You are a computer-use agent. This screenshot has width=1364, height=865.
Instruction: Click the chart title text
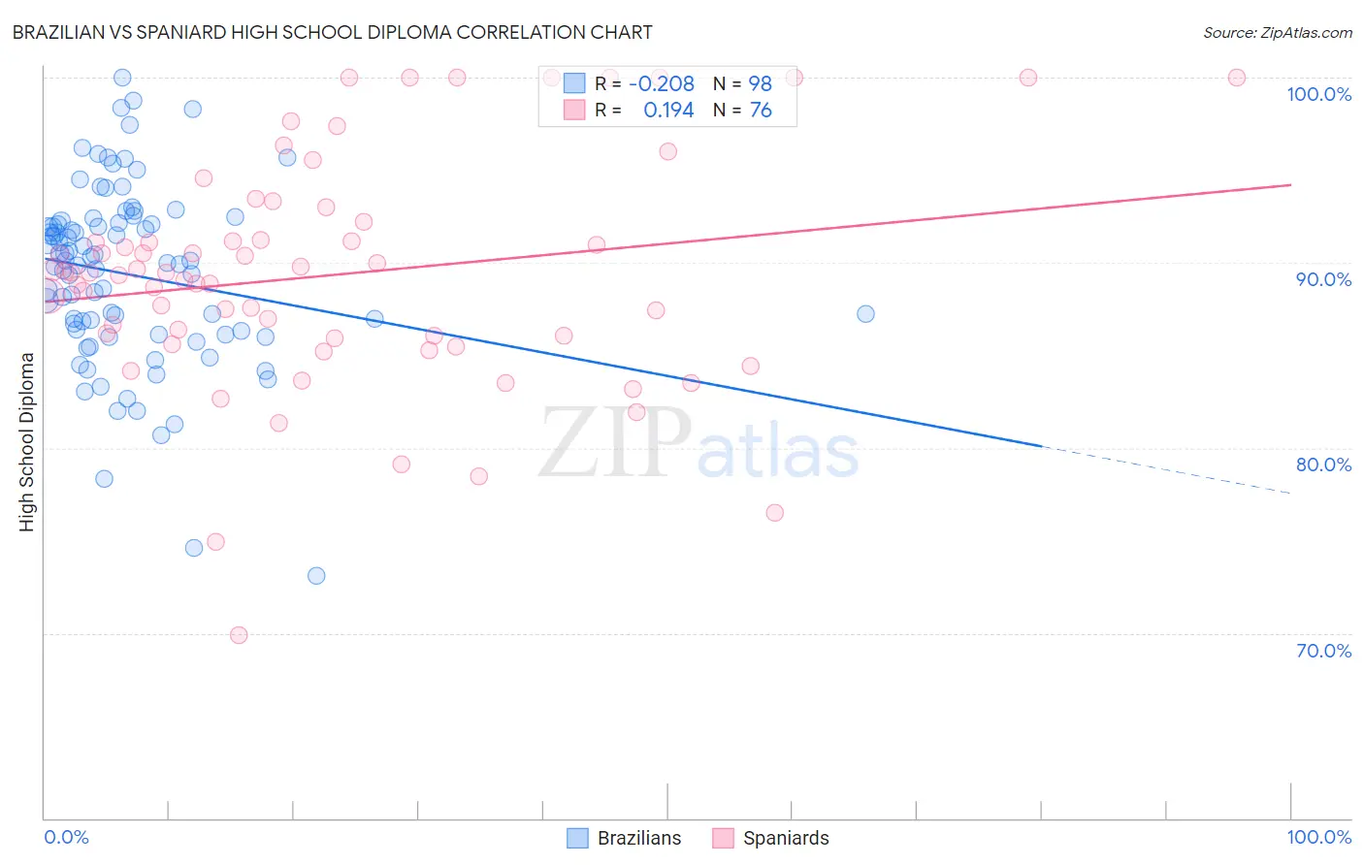click(332, 32)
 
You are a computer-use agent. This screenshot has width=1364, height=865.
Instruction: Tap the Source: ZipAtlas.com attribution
click(1277, 33)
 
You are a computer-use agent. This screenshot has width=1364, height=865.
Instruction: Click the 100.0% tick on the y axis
click(1318, 94)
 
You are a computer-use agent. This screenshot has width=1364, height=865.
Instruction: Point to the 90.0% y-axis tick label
click(1323, 279)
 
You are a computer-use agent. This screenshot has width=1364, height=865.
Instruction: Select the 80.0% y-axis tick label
click(1323, 465)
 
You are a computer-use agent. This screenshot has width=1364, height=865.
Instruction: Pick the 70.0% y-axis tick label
click(1323, 651)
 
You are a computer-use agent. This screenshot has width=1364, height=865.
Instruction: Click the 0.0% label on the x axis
click(66, 837)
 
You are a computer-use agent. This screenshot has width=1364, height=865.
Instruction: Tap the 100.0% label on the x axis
click(1318, 837)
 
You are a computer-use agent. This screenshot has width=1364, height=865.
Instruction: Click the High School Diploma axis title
click(27, 441)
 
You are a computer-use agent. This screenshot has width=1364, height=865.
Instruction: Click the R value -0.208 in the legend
click(662, 84)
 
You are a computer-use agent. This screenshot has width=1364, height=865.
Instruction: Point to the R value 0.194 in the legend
click(668, 111)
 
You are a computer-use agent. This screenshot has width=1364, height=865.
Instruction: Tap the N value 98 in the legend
click(760, 84)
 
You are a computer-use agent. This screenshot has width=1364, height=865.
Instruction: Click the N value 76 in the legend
click(760, 111)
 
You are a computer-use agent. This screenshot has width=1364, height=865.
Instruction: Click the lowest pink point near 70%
click(239, 635)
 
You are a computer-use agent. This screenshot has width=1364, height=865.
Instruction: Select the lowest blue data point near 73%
click(316, 576)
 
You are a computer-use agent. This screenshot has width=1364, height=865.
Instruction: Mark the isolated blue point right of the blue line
click(865, 314)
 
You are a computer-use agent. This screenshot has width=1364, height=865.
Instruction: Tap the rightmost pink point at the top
click(1237, 78)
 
